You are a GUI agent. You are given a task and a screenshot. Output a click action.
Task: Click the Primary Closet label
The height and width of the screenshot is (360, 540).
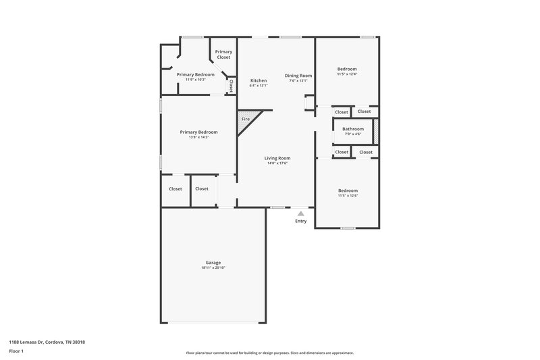pyautogui.click(x=223, y=55)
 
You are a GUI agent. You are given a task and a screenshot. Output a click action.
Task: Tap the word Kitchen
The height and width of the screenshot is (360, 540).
pyautogui.click(x=259, y=80)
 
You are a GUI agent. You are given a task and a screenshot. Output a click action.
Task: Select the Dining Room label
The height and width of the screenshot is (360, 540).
pyautogui.click(x=298, y=76)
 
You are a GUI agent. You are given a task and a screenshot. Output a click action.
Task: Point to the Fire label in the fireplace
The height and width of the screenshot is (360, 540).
pyautogui.click(x=246, y=119)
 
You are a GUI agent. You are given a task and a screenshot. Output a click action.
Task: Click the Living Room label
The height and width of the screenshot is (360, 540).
pyautogui.click(x=277, y=158)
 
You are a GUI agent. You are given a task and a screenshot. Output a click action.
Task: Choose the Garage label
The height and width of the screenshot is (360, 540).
pyautogui.click(x=213, y=262)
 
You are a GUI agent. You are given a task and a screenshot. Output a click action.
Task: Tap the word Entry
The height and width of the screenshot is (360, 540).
pyautogui.click(x=300, y=221)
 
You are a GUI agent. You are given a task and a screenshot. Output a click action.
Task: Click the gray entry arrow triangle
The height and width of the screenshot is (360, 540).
pyautogui.click(x=300, y=212)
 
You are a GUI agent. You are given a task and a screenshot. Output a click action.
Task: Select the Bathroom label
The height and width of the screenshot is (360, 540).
pyautogui.click(x=352, y=128)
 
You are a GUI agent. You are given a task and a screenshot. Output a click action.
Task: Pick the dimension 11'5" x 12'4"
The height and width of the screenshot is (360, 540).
pyautogui.click(x=348, y=74)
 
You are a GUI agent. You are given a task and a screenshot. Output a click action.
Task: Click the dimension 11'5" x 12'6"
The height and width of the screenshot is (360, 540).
pyautogui.click(x=348, y=196)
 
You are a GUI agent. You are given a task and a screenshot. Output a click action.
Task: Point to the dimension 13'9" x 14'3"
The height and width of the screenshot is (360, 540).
pyautogui.click(x=198, y=137)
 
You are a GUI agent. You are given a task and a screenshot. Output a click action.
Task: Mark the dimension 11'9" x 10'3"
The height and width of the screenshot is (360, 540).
pyautogui.click(x=196, y=80)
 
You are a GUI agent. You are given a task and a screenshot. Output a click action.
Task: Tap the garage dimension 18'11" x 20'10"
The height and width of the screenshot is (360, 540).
pyautogui.click(x=213, y=267)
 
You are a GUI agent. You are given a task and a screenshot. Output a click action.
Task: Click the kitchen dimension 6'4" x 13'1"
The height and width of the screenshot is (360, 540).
pyautogui.click(x=259, y=86)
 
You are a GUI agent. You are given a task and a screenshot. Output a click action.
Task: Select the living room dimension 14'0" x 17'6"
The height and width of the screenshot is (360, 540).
pyautogui.click(x=277, y=163)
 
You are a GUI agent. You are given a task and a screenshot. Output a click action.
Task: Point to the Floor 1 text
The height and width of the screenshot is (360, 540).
pyautogui.click(x=16, y=351)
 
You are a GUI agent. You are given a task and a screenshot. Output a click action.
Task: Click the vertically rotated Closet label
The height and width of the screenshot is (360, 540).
pyautogui.click(x=231, y=86)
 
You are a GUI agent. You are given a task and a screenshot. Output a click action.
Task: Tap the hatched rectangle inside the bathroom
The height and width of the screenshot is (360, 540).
pyautogui.click(x=376, y=131)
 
